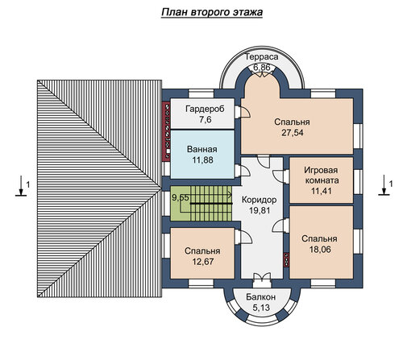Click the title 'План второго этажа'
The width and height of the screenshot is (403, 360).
[212, 12]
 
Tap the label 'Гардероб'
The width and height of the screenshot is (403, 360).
[205, 109]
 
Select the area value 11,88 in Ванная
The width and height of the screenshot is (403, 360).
[202, 160]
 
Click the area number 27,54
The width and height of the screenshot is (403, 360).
[292, 133]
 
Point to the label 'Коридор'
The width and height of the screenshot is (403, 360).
[259, 200]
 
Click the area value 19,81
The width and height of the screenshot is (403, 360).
[260, 210]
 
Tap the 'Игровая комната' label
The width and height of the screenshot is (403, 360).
[322, 175]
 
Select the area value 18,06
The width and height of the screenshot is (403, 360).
[320, 250]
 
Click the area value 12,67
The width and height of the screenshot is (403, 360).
[202, 262]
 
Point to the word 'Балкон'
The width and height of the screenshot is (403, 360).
[260, 297]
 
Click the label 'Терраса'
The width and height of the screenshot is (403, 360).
[262, 57]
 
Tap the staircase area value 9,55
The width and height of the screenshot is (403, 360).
[181, 198]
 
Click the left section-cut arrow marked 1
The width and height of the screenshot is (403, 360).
[21, 186]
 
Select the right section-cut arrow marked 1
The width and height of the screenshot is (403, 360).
[384, 185]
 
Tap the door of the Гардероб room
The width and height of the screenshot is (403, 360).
[242, 112]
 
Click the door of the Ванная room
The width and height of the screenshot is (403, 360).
[242, 171]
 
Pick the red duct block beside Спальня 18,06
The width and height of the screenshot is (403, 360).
[286, 260]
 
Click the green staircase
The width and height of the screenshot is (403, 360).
[201, 204]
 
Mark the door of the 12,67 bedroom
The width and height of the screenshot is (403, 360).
[243, 238]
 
